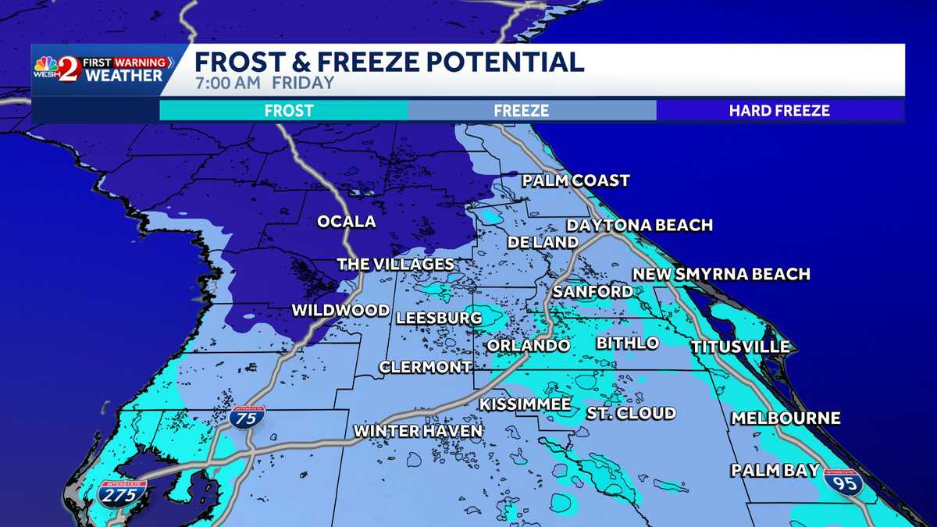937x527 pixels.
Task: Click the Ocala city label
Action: point(346,222)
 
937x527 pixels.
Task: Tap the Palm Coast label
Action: point(576,181)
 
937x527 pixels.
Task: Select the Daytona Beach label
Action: point(640,226)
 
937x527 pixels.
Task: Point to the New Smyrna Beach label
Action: point(721,274)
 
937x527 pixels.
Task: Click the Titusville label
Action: point(739,347)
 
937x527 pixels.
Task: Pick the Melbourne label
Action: point(786,418)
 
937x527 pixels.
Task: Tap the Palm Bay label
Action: point(775,470)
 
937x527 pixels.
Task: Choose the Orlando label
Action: point(528,345)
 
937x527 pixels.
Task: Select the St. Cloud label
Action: point(631,413)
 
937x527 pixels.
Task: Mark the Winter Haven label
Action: point(418,431)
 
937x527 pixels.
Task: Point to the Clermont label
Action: point(426,367)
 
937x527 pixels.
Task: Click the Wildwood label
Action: point(340,311)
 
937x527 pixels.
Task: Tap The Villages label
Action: point(395,265)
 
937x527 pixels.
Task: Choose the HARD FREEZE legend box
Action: point(779,111)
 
